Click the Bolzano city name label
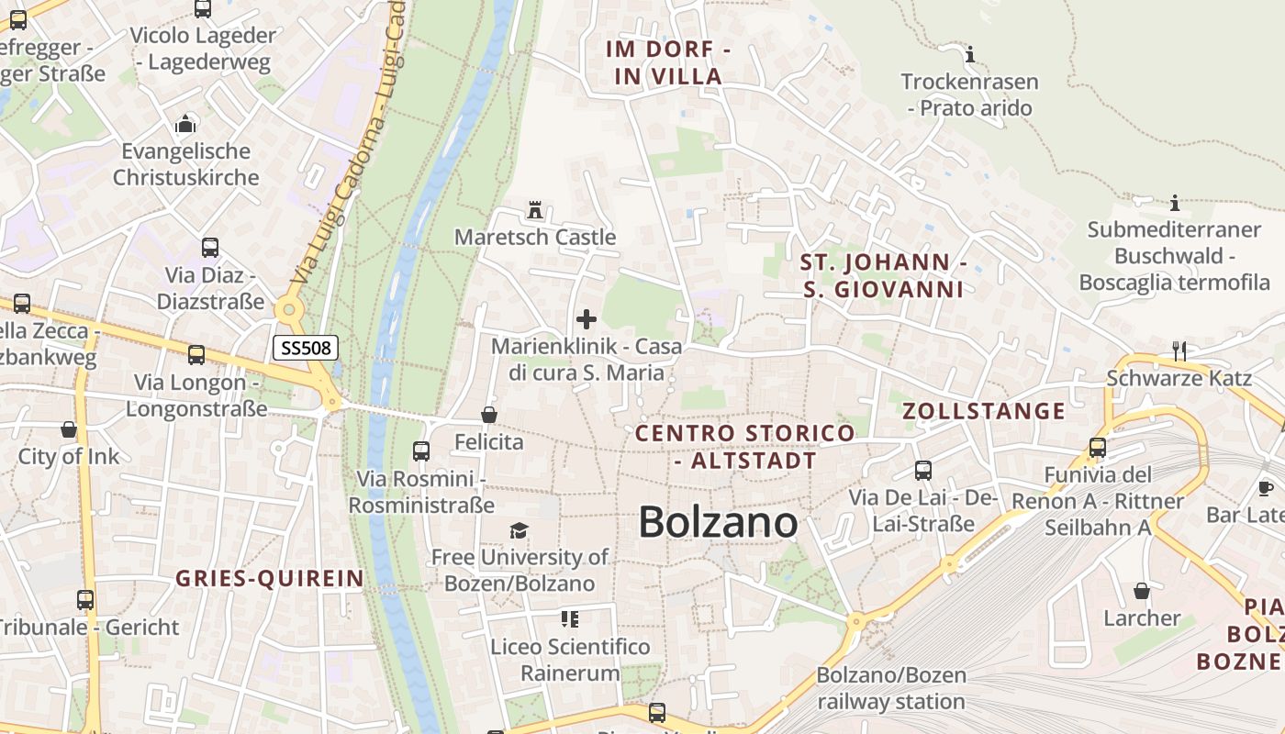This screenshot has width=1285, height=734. (718, 522)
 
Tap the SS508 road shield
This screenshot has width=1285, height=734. (306, 348)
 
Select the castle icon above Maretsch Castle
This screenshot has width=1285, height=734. (535, 211)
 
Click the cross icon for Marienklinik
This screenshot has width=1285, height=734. (586, 319)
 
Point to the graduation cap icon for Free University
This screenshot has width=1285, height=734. (520, 530)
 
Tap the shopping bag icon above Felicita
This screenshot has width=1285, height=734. (489, 415)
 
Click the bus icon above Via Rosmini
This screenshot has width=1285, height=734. (421, 450)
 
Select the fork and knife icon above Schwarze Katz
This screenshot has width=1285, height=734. (1179, 350)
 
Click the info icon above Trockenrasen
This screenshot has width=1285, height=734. (969, 54)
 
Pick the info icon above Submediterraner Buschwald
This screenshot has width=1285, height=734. (1174, 203)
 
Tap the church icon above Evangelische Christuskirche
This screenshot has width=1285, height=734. (186, 123)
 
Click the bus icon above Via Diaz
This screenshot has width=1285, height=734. (210, 247)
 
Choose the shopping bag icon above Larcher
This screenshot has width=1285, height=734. (1142, 590)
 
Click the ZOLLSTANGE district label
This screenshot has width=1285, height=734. (984, 411)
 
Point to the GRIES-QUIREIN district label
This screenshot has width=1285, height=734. (269, 578)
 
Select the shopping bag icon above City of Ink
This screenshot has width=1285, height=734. (69, 428)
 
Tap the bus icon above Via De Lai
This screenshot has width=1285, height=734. (923, 471)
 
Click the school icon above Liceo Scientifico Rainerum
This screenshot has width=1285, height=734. (570, 619)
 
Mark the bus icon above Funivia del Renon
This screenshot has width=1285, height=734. (1098, 448)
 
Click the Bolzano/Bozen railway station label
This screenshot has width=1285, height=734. (891, 689)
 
